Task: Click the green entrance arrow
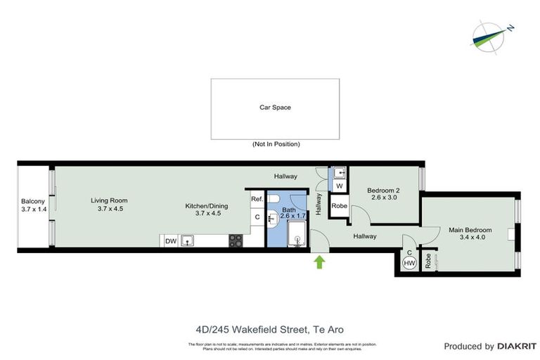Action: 320,263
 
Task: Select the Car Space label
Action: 275,108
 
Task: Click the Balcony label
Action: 33,201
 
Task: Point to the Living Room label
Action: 109,200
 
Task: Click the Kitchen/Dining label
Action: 203,205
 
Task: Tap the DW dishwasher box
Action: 170,241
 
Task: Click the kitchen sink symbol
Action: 188,241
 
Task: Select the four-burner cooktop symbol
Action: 236,240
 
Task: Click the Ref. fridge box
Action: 257,200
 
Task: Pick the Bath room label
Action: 289,209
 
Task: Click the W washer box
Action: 339,186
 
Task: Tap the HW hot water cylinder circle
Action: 409,263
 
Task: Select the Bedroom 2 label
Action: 385,190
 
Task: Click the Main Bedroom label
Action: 471,230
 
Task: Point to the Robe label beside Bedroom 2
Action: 339,207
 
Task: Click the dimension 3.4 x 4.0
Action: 471,238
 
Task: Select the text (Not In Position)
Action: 276,144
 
